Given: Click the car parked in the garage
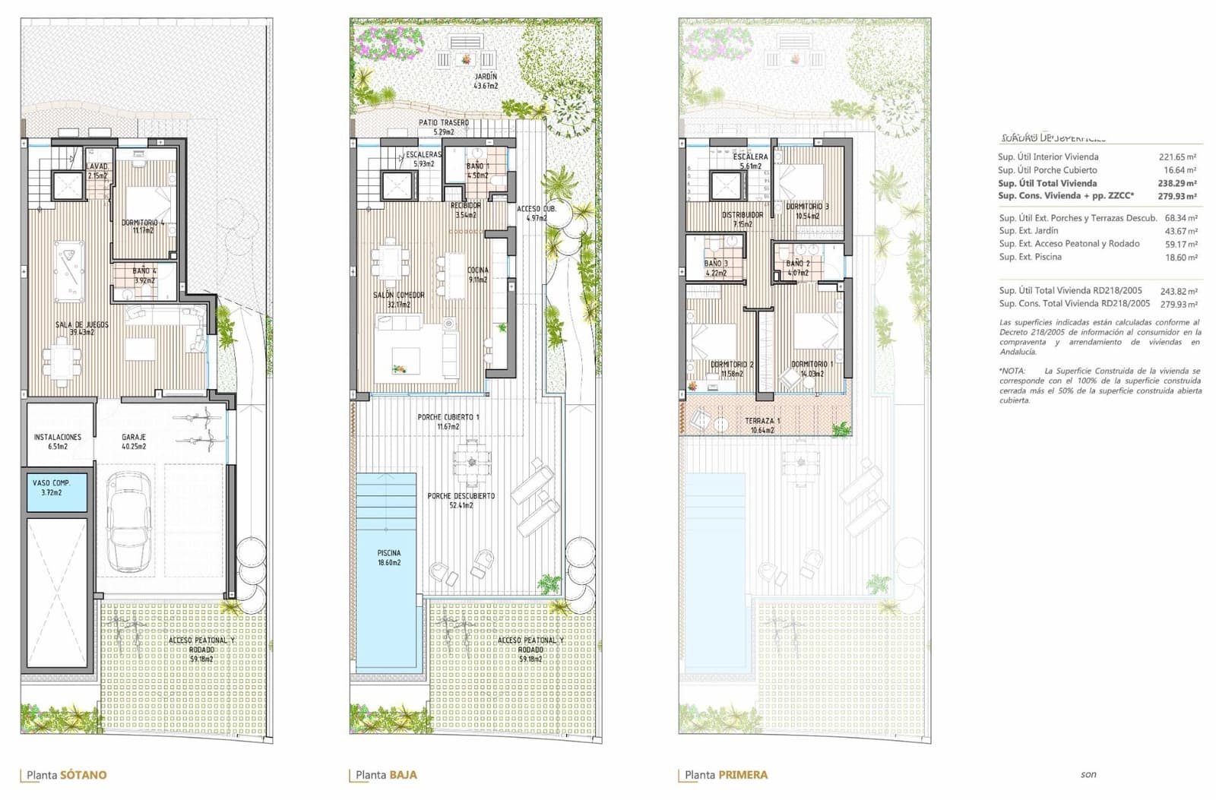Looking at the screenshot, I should pos(131,522).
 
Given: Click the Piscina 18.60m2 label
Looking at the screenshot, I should pos(388,558).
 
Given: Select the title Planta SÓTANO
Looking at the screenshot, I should pos(67,775).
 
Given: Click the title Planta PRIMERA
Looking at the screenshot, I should pos(726,775).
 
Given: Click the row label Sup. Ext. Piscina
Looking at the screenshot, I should pos(1030,257).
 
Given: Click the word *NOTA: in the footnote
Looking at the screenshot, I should pos(1012,371).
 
